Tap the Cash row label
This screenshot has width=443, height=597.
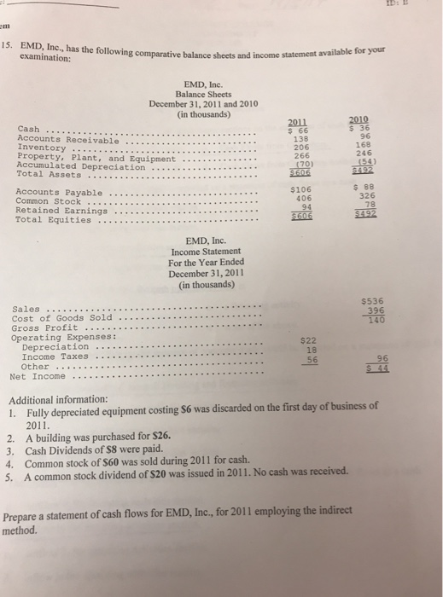pyautogui.click(x=30, y=129)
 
